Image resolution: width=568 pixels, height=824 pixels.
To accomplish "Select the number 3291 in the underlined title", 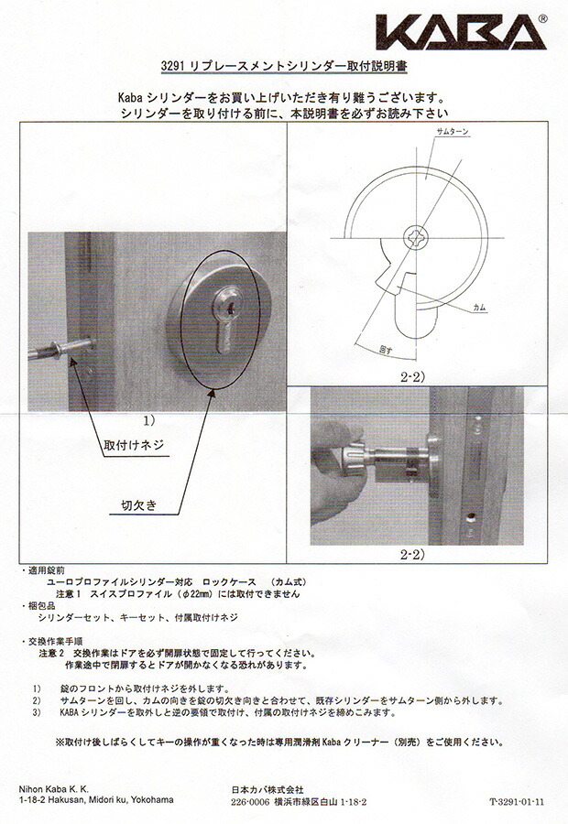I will point(177,67).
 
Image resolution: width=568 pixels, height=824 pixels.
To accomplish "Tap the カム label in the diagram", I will point(480,309).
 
